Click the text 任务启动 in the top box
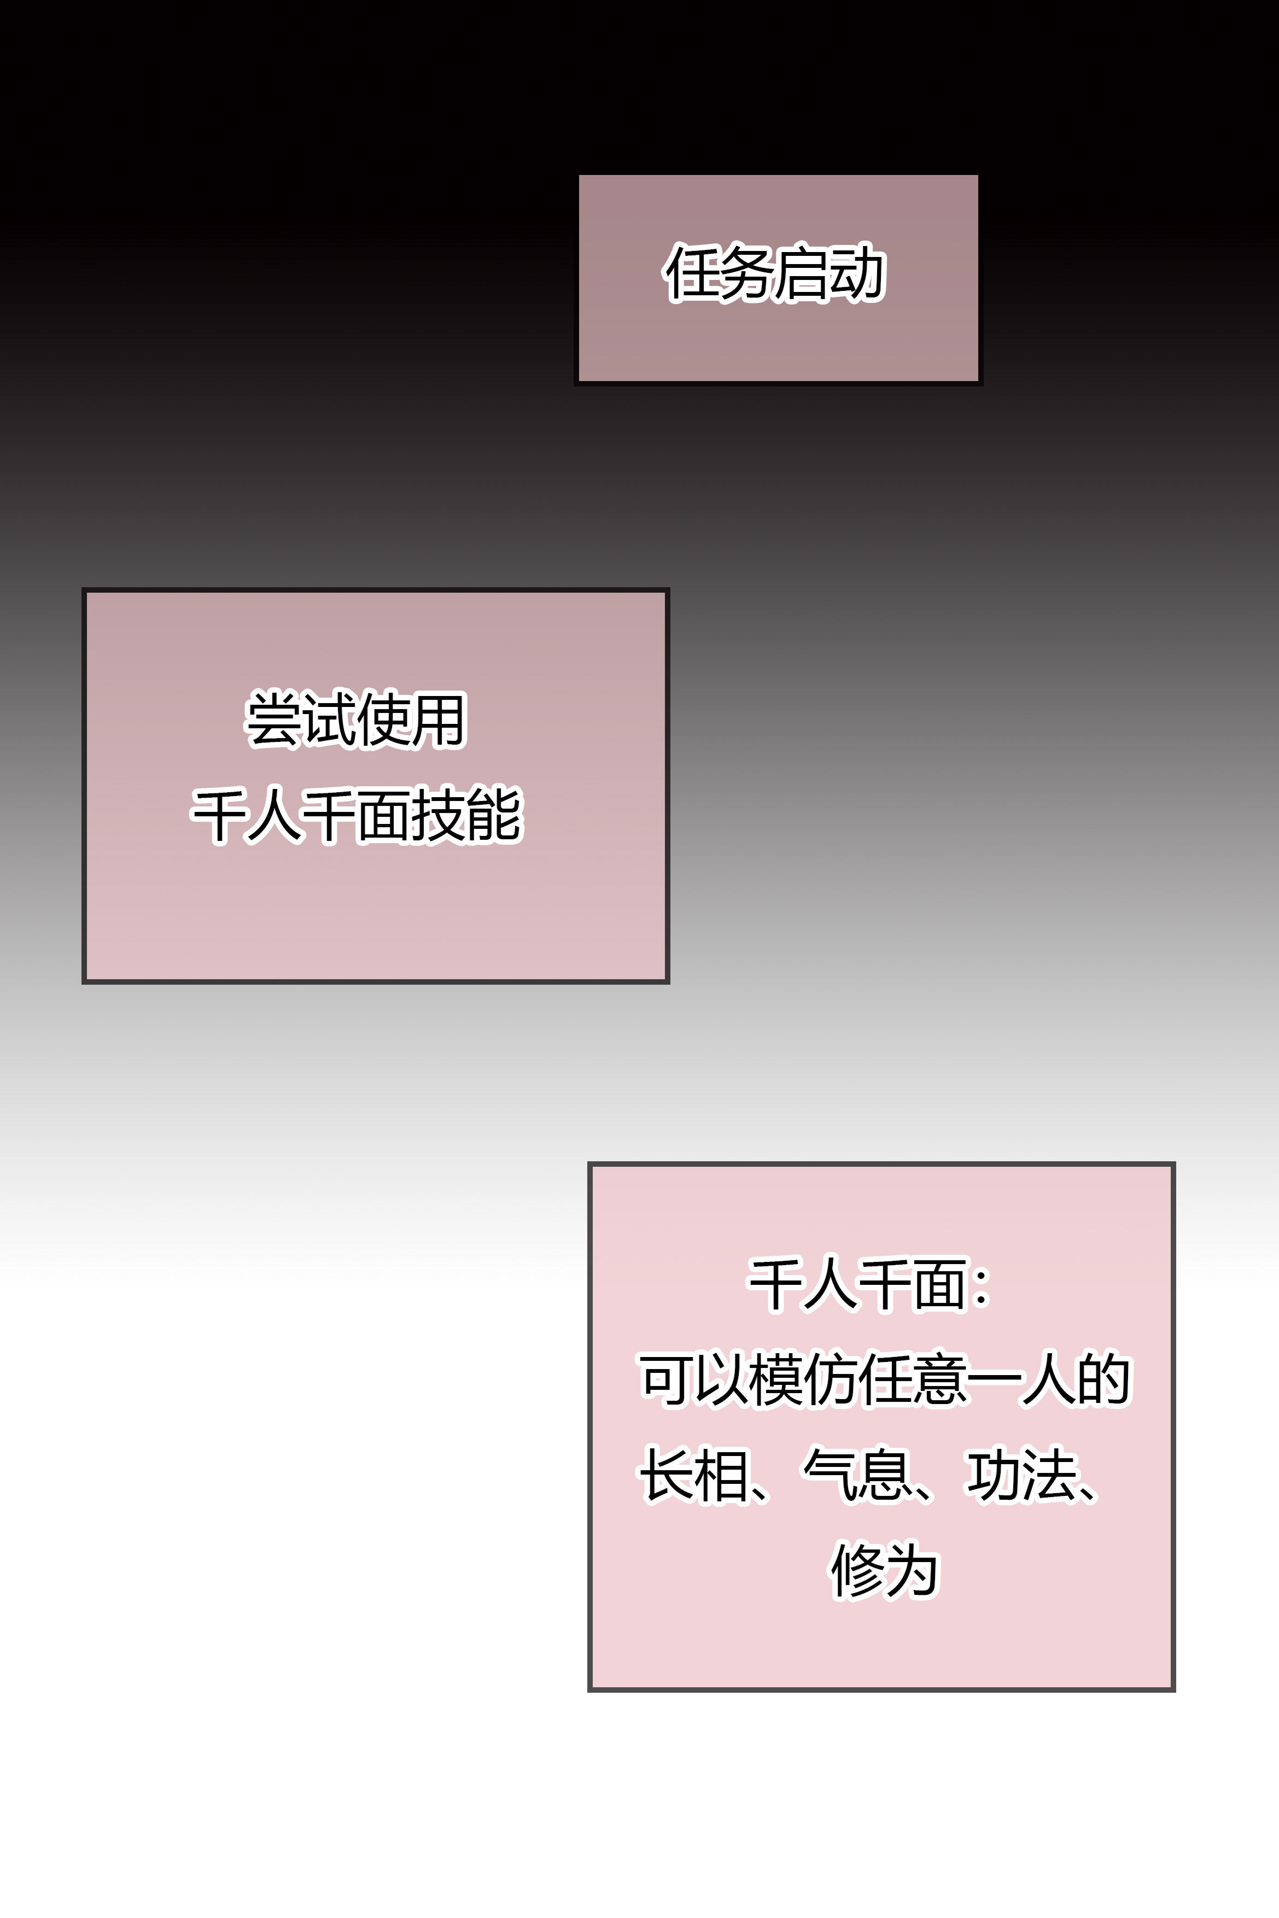point(775,273)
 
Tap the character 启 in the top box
point(803,273)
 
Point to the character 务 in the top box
point(747,273)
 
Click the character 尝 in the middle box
point(274,720)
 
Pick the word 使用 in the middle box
point(411,720)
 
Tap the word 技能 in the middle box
point(466,815)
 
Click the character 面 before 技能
point(383,815)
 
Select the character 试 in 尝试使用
point(329,720)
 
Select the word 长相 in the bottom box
point(693,1475)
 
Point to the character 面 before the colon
point(939,1286)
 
